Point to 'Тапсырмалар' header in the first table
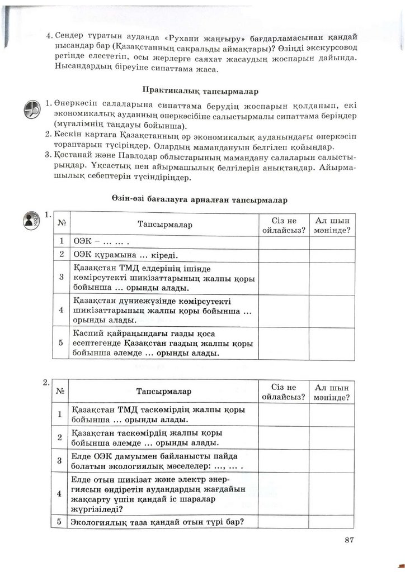click(164, 225)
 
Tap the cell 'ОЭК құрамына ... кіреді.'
click(125, 256)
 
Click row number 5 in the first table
click(61, 343)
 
